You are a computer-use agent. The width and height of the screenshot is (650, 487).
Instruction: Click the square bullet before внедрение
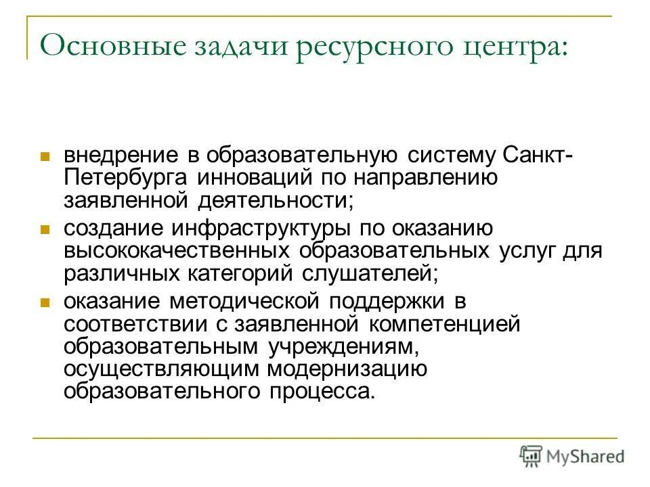click(45, 137)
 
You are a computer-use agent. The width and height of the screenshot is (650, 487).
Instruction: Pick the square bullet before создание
click(45, 230)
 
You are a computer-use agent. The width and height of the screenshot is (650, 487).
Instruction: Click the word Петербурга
click(126, 179)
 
